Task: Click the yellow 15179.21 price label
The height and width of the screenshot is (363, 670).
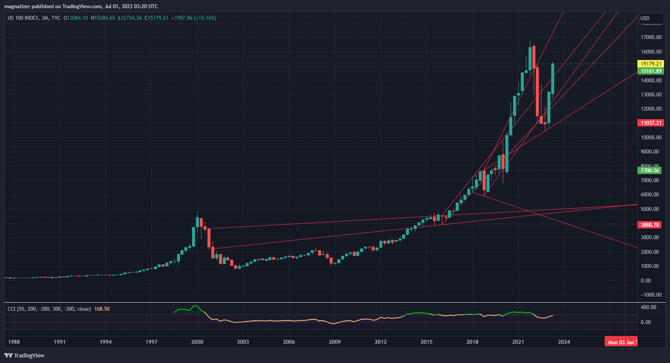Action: (651, 64)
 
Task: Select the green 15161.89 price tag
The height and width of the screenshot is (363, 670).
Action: (651, 71)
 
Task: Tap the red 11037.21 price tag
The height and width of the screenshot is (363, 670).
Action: (651, 123)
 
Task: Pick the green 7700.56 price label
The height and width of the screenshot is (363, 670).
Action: (649, 171)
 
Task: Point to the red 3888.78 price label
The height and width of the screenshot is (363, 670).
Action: (649, 225)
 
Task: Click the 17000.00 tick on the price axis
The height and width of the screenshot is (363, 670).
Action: (651, 37)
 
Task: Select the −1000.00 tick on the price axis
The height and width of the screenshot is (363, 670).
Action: (651, 295)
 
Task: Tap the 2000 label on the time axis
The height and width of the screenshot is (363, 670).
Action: (197, 342)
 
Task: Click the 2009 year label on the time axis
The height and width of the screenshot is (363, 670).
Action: (335, 342)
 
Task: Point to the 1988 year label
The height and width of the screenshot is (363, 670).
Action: (14, 342)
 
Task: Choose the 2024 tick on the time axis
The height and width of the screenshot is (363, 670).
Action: (564, 342)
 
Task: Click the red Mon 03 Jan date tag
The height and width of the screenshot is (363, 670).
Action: (621, 342)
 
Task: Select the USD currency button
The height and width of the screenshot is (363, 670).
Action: (645, 18)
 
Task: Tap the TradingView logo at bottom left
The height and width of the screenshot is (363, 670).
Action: (24, 355)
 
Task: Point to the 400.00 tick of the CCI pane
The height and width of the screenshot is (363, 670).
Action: (648, 307)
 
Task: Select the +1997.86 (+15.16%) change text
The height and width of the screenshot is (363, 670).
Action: (194, 18)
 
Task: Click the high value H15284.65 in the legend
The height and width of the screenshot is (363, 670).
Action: (103, 18)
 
